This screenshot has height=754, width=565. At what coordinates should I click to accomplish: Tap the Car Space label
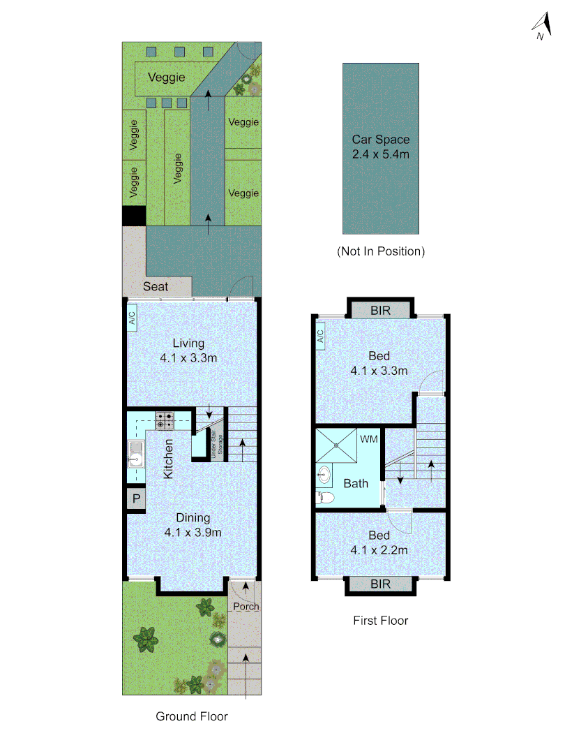point(380,146)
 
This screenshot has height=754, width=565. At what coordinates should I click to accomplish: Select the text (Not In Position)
point(380,251)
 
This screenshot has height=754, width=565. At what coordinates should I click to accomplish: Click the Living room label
point(189,350)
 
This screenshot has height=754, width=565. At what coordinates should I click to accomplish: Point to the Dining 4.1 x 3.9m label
point(193,525)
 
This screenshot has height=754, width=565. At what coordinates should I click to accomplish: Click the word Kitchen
point(169,458)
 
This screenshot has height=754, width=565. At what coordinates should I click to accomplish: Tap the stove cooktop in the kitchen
point(165,420)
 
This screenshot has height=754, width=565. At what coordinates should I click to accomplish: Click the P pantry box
point(136,500)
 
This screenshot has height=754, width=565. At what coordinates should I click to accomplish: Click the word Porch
point(246,606)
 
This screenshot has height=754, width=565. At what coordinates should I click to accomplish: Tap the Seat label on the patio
point(157,286)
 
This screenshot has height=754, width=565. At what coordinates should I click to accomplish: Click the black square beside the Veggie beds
point(133,216)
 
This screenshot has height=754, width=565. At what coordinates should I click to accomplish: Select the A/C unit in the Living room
point(132,319)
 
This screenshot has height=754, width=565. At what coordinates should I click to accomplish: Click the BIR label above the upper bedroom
point(380,309)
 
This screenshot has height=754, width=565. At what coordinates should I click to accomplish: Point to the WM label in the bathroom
point(369,439)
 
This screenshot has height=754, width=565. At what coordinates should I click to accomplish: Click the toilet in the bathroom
point(325,498)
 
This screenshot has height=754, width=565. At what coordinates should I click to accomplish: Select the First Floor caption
point(380,620)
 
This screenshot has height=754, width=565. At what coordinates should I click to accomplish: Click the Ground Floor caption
point(192,716)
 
